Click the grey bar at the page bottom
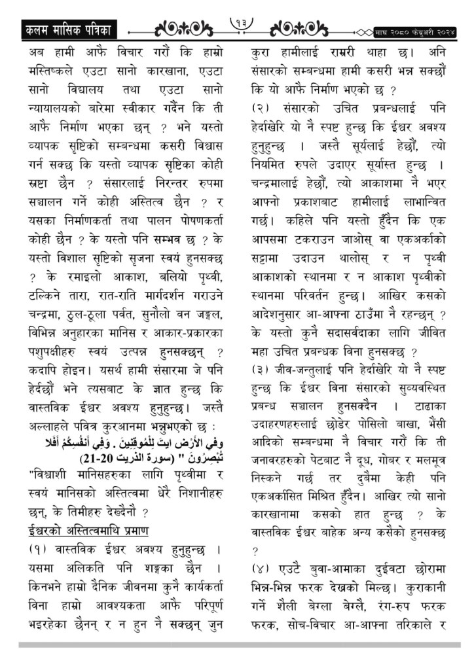[x=236, y=645]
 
